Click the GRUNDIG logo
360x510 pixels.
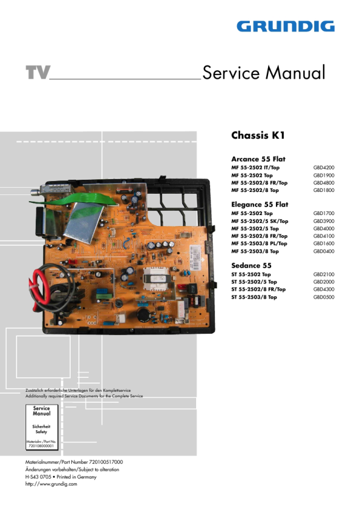pos(286,26)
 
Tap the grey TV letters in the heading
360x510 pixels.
pos(38,73)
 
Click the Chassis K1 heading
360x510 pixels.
pos(258,135)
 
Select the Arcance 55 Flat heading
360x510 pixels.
pos(258,159)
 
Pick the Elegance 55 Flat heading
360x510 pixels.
pos(259,204)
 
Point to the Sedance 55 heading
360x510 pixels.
pos(251,266)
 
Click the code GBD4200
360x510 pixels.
pos(323,168)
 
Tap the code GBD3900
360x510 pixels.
pos(323,221)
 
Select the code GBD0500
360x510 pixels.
pos(323,297)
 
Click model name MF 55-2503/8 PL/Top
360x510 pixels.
pos(259,244)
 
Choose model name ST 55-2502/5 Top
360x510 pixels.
pos(254,282)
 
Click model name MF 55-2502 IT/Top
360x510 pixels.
pos(255,168)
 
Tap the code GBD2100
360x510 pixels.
pos(323,274)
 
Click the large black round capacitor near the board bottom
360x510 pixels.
pos(143,315)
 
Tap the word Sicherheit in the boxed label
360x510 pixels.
pos(41,427)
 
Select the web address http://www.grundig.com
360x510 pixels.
pos(51,484)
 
